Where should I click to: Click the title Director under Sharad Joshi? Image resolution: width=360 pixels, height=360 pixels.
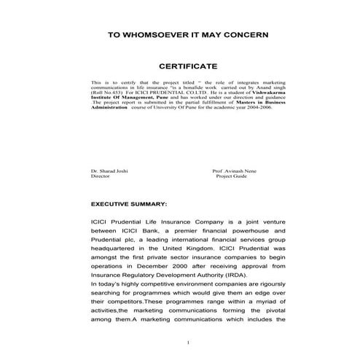tap(100, 176)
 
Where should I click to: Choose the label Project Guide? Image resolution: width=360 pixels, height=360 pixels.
tap(234, 176)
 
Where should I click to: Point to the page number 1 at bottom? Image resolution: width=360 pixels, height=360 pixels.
tap(188, 343)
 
